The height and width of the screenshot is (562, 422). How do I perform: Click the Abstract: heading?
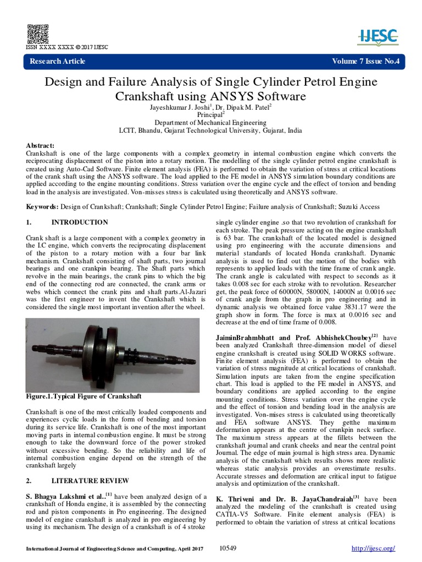pyautogui.click(x=40, y=145)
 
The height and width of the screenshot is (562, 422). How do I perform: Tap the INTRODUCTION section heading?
pyautogui.click(x=80, y=222)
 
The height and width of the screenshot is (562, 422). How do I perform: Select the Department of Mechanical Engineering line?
pyautogui.click(x=210, y=123)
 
